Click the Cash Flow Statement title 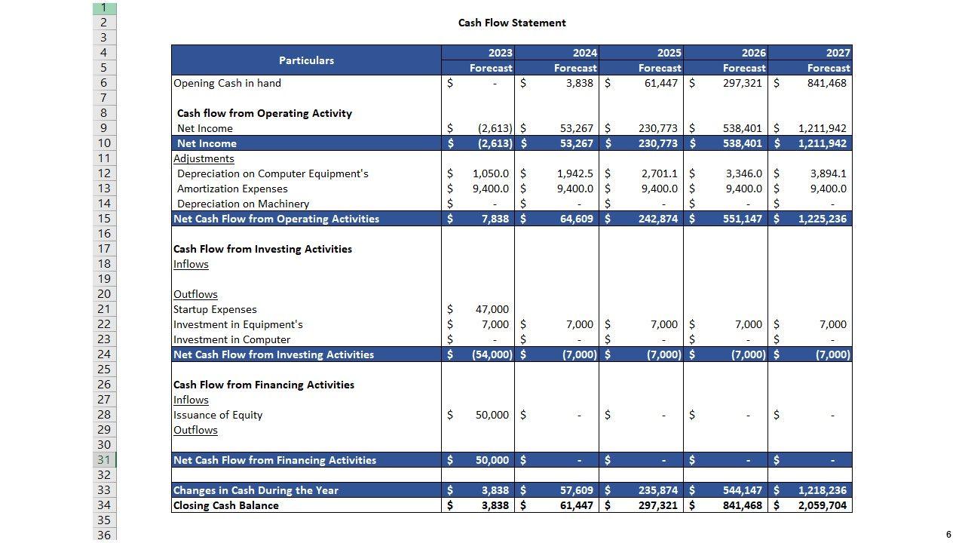(x=512, y=23)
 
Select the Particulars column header (x=306, y=60)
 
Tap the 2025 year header (x=669, y=53)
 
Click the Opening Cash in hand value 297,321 (x=743, y=83)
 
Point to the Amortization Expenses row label (x=232, y=189)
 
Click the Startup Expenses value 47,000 (x=492, y=309)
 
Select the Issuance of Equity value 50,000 (x=492, y=415)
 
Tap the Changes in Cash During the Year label (x=256, y=490)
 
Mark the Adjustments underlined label (x=204, y=158)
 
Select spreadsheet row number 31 (x=104, y=460)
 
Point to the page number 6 (x=948, y=535)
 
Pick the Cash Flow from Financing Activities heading (x=264, y=385)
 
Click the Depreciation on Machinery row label (x=243, y=204)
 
